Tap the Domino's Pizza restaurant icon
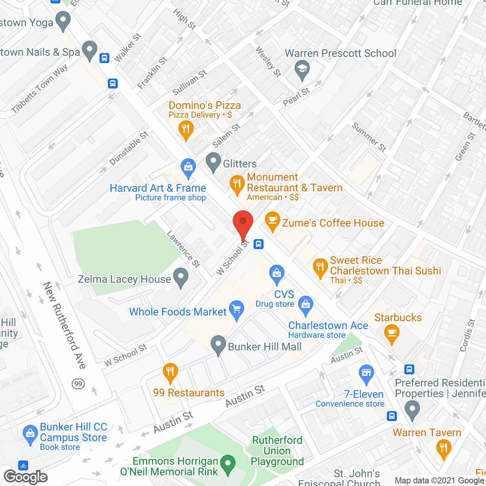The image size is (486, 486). click(186, 129)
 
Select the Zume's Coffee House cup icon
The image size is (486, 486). click(272, 221)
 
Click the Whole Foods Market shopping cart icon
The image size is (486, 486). click(237, 309)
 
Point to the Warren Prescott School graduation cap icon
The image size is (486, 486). click(302, 69)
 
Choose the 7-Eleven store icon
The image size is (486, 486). click(366, 373)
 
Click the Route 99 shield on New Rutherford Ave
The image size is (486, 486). click(78, 383)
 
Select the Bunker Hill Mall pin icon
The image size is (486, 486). click(218, 344)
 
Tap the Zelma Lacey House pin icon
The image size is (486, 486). click(181, 277)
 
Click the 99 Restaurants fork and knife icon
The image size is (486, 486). click(170, 372)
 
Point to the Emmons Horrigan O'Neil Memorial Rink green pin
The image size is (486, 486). click(228, 464)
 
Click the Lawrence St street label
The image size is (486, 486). click(183, 249)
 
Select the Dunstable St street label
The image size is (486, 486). click(129, 148)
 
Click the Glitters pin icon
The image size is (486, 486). click(213, 161)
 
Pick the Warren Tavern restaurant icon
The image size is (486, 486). click(443, 448)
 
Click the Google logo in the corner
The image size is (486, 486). click(26, 477)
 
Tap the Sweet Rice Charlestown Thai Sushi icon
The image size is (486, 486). click(320, 267)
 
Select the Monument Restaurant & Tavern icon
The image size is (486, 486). click(237, 184)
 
